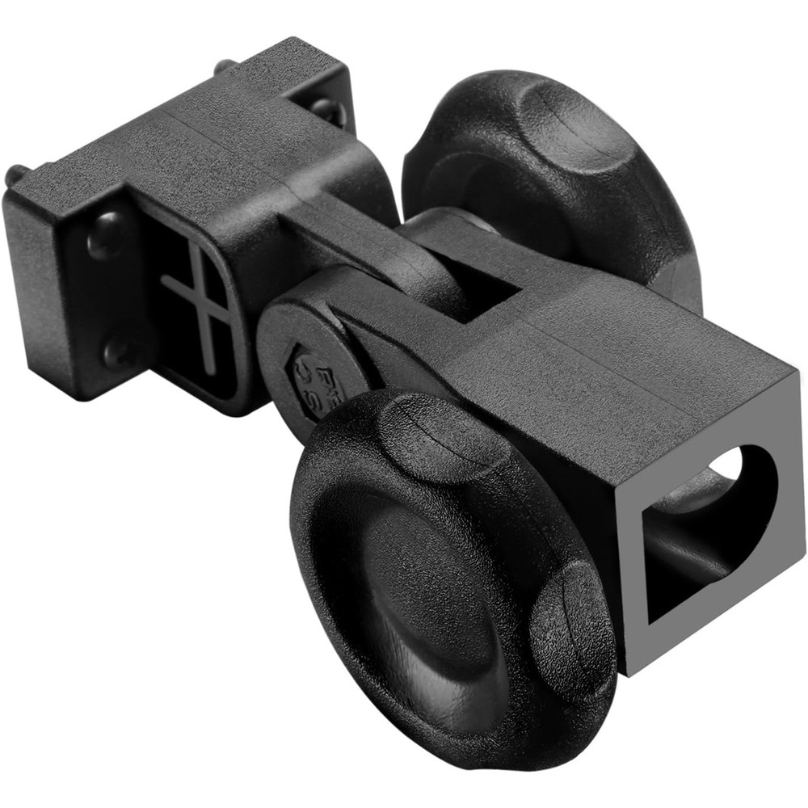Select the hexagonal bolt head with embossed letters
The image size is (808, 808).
tap(319, 380)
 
